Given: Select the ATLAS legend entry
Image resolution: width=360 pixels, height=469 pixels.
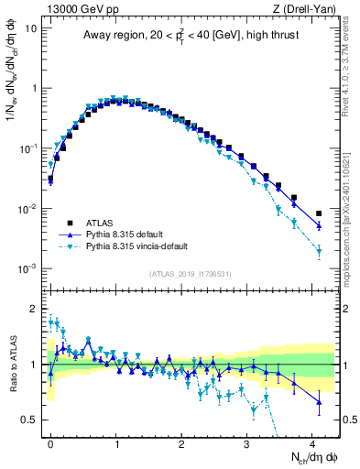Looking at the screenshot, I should click(x=92, y=223).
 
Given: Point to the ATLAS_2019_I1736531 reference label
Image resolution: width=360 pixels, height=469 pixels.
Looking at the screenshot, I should click(x=190, y=274).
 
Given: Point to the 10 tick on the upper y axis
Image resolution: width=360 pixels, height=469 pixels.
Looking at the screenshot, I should click(x=30, y=27).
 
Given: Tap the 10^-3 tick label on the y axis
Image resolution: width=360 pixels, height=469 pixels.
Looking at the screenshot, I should click(x=27, y=268).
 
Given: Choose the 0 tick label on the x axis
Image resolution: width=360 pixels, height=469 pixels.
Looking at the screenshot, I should click(x=50, y=442).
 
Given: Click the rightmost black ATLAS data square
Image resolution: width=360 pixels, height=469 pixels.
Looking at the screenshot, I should click(x=319, y=213).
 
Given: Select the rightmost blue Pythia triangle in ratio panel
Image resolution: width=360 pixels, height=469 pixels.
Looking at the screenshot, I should click(x=319, y=401).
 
